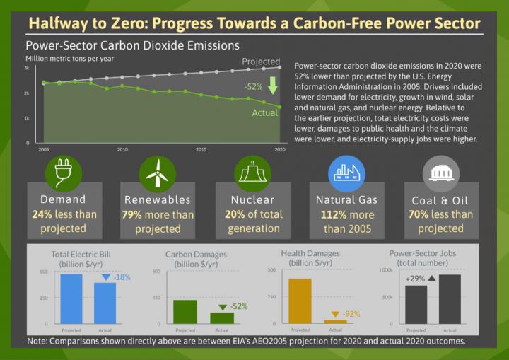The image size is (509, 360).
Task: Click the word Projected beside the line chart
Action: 262,62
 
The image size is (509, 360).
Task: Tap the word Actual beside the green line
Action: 266,113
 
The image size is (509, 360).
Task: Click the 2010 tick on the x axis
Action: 122,150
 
